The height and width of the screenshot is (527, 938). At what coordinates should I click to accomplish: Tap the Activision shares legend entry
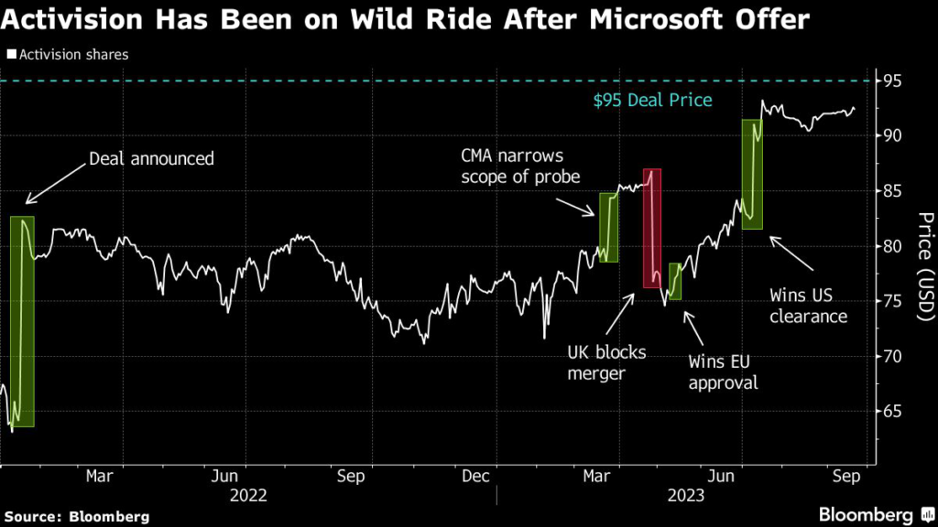pos(68,54)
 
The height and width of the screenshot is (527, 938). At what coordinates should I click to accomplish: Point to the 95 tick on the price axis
pos(894,81)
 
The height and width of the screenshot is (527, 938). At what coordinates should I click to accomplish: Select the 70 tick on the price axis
pos(894,356)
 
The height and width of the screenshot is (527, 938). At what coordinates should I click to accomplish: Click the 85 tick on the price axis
pos(894,191)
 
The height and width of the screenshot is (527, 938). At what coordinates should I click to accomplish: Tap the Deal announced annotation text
pos(151,159)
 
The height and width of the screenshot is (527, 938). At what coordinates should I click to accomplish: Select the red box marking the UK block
pos(651,228)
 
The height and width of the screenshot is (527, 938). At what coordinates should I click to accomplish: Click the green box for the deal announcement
pos(23,321)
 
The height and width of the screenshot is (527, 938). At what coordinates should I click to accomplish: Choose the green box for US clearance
pos(752,174)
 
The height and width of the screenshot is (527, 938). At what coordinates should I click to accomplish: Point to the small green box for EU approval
pos(675,281)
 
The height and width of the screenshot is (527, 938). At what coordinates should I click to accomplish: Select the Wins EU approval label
pos(724,371)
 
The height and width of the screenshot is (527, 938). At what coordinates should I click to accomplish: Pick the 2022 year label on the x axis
pos(248,495)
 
